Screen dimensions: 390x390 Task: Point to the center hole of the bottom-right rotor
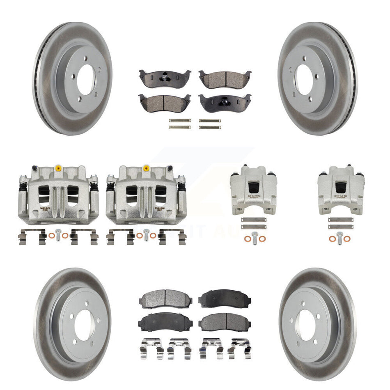(x=307, y=324)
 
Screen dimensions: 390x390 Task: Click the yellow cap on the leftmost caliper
(x=57, y=168)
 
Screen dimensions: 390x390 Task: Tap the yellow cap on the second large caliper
(x=146, y=168)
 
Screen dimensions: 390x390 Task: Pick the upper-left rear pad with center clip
(x=165, y=78)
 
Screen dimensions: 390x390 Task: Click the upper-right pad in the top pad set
(x=225, y=78)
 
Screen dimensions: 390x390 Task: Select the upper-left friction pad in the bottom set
(x=165, y=298)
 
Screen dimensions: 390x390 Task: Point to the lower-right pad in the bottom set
(x=225, y=322)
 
